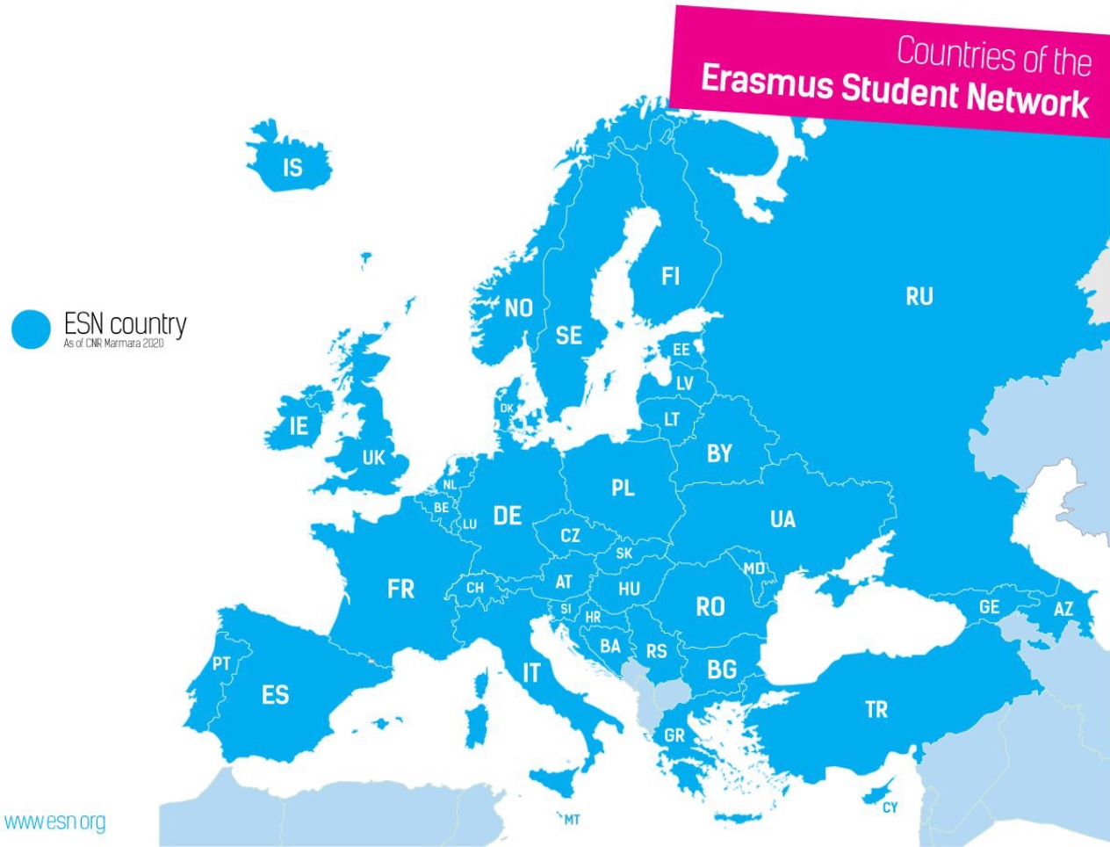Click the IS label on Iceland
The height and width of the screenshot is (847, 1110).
click(292, 168)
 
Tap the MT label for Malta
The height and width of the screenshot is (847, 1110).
click(572, 820)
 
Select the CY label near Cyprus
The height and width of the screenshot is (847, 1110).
click(890, 807)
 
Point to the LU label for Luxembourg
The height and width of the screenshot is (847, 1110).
click(470, 525)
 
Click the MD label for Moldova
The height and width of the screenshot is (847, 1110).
click(754, 568)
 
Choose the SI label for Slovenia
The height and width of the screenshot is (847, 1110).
click(566, 609)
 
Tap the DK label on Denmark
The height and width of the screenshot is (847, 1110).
click(507, 409)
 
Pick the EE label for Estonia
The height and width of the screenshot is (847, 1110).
click(681, 350)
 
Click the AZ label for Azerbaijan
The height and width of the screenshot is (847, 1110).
click(1063, 609)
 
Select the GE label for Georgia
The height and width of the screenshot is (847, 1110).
click(990, 607)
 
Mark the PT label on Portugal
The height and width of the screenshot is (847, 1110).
click(221, 664)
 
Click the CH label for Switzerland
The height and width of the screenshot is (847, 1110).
click(475, 588)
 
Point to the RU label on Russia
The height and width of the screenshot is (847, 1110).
click(919, 297)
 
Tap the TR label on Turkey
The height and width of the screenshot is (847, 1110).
click(876, 710)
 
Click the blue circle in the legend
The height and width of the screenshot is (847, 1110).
click(32, 329)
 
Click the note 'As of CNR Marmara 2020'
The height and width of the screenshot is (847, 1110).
click(113, 344)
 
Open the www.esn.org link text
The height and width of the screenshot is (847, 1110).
click(54, 822)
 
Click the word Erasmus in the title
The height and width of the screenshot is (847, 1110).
click(767, 83)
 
